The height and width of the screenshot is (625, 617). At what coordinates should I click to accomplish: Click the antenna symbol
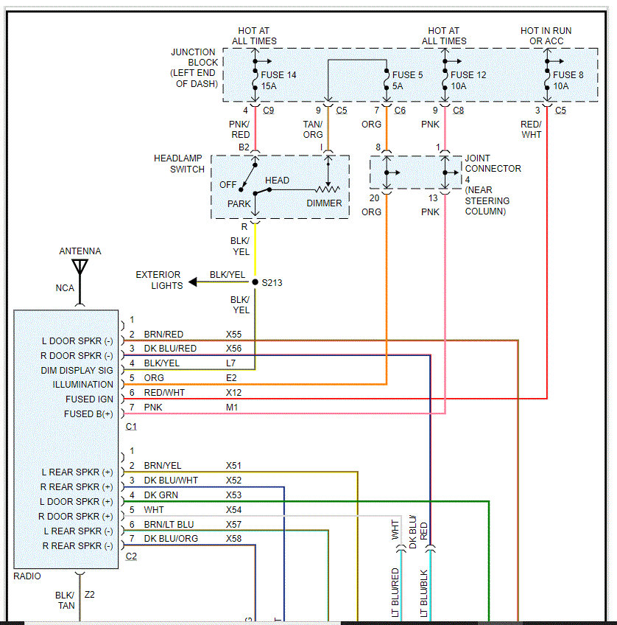coord(80,267)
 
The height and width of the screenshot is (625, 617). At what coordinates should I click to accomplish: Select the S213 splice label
coord(273,282)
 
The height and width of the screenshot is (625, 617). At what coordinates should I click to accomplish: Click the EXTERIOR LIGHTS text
coord(158,280)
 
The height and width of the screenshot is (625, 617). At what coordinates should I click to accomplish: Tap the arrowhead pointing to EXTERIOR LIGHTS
coord(193,282)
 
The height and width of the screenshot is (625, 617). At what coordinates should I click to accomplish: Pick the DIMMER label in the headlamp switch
coord(324,203)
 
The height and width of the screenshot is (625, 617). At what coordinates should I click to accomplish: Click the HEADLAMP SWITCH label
coord(179,164)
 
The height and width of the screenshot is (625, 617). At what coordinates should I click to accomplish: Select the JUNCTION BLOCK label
coord(194,68)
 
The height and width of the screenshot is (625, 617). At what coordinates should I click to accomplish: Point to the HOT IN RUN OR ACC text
coord(546,36)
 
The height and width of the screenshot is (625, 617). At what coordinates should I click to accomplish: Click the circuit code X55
coord(233,334)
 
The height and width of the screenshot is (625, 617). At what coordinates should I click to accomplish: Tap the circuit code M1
coord(232,407)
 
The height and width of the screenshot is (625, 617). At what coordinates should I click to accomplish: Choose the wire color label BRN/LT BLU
coord(169,524)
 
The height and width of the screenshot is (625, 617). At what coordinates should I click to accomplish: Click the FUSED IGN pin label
coord(88,399)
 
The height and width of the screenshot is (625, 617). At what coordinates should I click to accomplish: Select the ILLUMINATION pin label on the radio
coord(83,384)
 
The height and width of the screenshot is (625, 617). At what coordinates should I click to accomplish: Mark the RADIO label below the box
coord(27,576)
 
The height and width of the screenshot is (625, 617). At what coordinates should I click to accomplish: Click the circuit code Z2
coord(91,595)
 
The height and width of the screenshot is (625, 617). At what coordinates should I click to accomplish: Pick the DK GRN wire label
coord(161,495)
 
